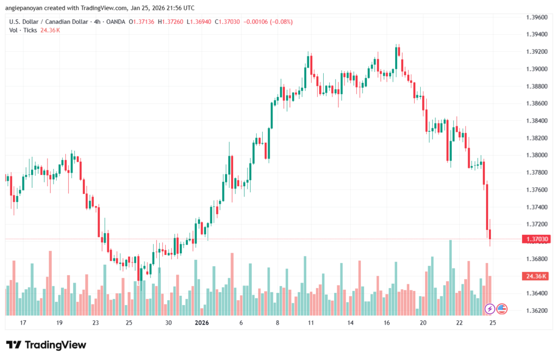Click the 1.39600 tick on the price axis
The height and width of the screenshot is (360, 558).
pyautogui.click(x=536, y=17)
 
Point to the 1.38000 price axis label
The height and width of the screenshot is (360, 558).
pyautogui.click(x=536, y=155)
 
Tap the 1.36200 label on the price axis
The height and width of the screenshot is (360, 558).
pyautogui.click(x=536, y=310)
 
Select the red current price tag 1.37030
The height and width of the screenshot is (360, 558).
pyautogui.click(x=536, y=239)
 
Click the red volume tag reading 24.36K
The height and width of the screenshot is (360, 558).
pyautogui.click(x=536, y=277)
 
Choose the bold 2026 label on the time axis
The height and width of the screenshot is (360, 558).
pyautogui.click(x=202, y=323)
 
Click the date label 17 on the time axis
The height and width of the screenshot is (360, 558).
pyautogui.click(x=23, y=323)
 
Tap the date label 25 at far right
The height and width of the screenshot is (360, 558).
pyautogui.click(x=493, y=323)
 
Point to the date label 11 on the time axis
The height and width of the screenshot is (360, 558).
pyautogui.click(x=311, y=323)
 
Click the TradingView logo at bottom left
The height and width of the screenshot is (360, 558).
pyautogui.click(x=46, y=345)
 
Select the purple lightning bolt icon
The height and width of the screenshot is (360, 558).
pyautogui.click(x=489, y=309)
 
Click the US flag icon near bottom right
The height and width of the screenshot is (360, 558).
pyautogui.click(x=501, y=309)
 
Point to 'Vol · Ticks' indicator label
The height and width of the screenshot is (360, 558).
pyautogui.click(x=23, y=30)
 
